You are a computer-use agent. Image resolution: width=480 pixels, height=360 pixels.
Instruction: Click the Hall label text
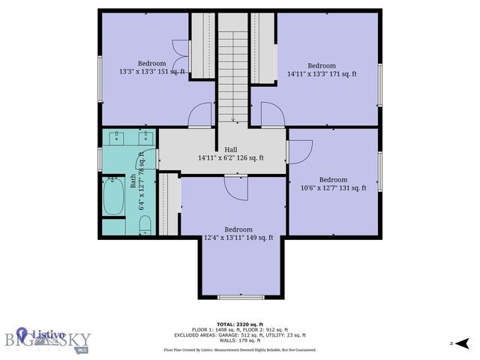click(x=221, y=149)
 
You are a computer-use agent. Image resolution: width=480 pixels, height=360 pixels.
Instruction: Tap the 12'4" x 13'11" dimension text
click(x=238, y=238)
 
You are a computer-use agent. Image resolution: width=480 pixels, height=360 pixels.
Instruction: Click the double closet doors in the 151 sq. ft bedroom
click(x=180, y=61)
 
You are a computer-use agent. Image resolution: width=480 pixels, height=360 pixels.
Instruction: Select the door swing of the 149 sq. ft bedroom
click(x=235, y=188)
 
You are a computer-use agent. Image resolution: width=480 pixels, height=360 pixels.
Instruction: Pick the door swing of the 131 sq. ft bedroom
click(x=299, y=151)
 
